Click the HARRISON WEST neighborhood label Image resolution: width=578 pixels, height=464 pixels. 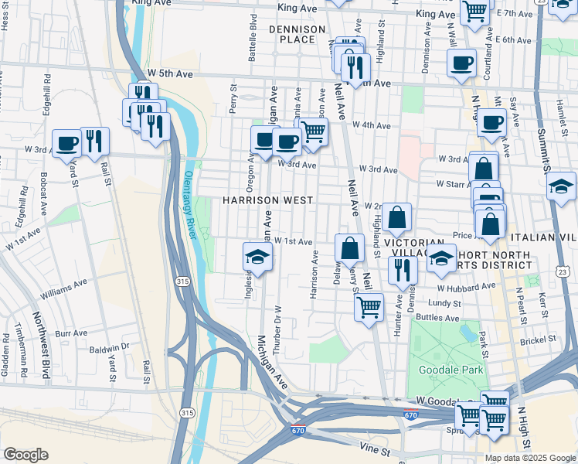coord(267,200)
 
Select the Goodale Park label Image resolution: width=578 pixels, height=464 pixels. coord(450,370)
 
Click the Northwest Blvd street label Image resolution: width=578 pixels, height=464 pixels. coord(36,341)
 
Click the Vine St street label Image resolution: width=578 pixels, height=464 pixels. coord(376,448)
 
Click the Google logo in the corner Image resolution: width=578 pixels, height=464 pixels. coord(26,455)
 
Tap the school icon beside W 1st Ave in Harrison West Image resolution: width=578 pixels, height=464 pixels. coord(258,256)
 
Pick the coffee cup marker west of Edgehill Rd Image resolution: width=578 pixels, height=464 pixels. coord(66,142)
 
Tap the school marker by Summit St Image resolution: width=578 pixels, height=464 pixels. coord(561,186)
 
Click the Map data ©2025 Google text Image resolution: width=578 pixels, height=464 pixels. coord(529,458)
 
